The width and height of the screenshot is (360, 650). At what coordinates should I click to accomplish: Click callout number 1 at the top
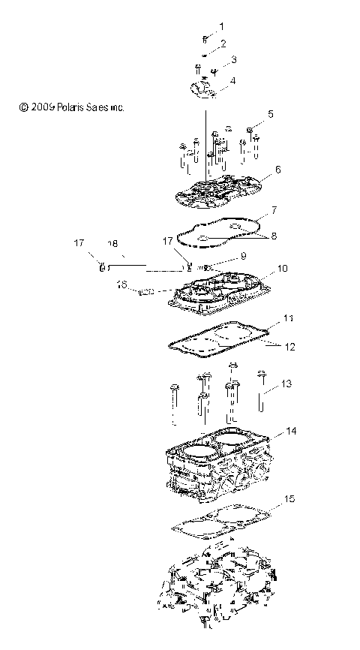221,26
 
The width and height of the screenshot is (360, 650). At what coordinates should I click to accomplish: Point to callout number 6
278,170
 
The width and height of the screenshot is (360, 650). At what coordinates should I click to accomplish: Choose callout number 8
274,236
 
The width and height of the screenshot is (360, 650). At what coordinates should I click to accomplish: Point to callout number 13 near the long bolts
286,384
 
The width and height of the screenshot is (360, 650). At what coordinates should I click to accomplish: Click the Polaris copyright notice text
72,107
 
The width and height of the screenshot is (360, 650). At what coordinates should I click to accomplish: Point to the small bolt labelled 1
204,39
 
